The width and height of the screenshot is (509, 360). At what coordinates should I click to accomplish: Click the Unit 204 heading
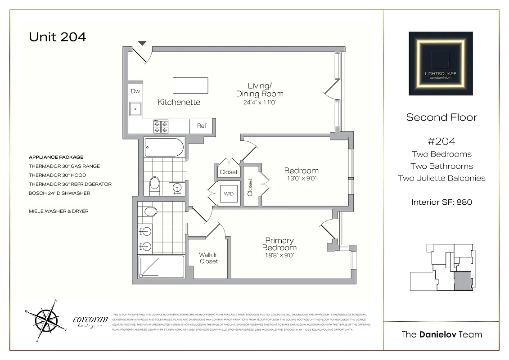(57, 36)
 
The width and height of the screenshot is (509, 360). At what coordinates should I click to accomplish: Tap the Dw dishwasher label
(135, 91)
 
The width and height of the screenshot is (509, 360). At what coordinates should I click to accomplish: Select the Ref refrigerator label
(202, 126)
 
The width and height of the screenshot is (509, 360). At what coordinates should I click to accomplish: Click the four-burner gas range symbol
(161, 126)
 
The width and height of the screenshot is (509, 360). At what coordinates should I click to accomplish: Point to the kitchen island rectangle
(190, 85)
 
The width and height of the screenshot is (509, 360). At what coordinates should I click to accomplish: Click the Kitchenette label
(179, 102)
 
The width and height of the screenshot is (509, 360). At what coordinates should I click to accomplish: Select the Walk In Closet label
(208, 258)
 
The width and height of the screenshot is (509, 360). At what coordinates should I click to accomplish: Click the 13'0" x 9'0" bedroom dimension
(301, 179)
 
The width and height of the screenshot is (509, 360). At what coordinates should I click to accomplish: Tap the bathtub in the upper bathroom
(164, 147)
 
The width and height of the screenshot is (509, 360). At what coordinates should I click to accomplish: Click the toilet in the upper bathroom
(154, 183)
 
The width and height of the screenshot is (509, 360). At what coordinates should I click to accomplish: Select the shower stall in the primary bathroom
(161, 267)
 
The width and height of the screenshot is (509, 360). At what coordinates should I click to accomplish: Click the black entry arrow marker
(142, 43)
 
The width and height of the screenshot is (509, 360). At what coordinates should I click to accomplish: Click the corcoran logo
(90, 321)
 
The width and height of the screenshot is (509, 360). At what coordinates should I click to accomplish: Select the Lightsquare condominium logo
(441, 63)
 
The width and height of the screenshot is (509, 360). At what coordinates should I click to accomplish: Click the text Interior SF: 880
(441, 202)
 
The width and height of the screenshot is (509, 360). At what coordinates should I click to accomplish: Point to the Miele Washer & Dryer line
(59, 211)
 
